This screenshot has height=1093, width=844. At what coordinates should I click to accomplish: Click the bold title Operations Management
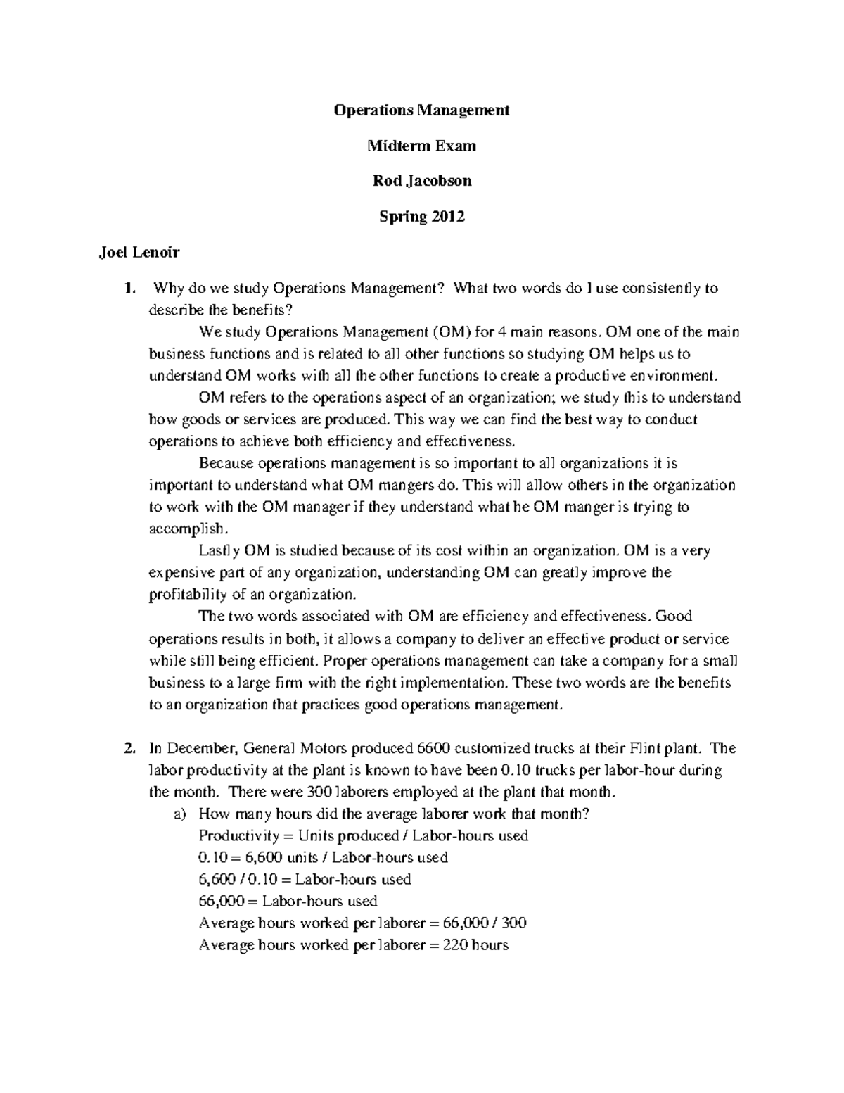click(421, 110)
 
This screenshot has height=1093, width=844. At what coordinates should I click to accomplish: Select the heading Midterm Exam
click(422, 146)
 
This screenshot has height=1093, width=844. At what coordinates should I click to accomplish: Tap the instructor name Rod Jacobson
click(422, 181)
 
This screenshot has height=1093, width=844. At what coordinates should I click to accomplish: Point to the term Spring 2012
click(422, 216)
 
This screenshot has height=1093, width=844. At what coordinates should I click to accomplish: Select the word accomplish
click(186, 529)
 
